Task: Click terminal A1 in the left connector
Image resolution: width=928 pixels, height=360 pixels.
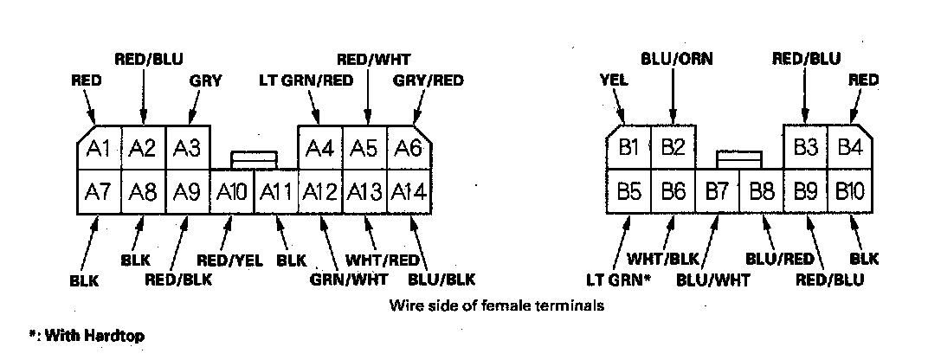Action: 99,149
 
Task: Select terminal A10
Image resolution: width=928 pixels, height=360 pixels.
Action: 232,191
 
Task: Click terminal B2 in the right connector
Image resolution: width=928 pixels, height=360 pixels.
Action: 673,147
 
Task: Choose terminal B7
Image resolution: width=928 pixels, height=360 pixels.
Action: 717,191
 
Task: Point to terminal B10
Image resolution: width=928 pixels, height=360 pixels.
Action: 850,191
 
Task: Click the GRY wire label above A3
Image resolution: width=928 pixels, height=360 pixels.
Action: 205,80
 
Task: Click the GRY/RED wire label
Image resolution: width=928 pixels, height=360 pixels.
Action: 428,80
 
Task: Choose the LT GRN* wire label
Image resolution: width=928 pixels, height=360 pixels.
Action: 619,280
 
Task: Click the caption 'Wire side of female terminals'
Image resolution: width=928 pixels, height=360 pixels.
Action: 496,305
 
